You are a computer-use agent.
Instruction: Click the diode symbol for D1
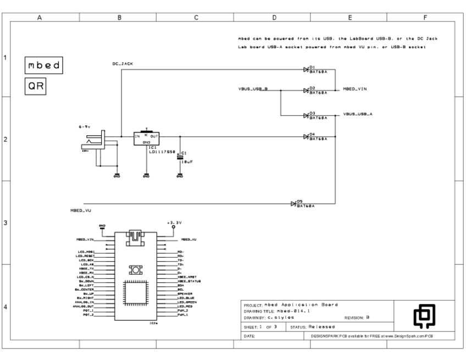coord(306,70)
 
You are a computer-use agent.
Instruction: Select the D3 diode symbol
coord(306,115)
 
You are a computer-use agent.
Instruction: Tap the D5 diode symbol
coord(294,204)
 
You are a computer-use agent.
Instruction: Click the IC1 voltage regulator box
coord(146,138)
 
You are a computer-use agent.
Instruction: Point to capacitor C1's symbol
coord(180,157)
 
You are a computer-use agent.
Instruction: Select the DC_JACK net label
coord(123,64)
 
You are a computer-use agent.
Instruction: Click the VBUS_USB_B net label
coord(252,88)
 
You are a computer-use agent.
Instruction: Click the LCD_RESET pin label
coord(86,256)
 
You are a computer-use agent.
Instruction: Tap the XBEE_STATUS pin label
coord(189,281)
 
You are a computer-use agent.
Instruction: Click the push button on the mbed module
coord(134,269)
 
